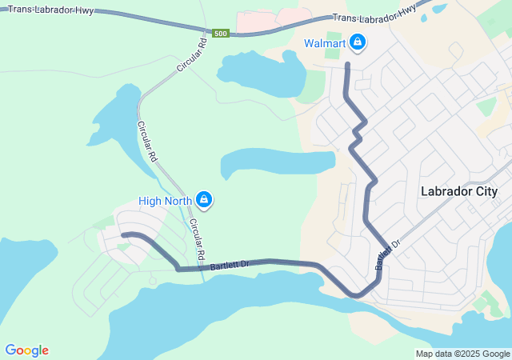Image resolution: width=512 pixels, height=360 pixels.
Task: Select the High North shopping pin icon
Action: pos(204,200)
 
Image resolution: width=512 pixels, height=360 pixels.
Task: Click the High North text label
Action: pos(165,201)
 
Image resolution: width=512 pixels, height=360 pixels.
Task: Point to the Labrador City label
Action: pos(458,191)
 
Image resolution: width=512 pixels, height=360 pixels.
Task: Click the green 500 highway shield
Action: pos(221,33)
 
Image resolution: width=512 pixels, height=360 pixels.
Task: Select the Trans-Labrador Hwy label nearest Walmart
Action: pos(374,13)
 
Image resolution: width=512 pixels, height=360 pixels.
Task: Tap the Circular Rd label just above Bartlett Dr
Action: pos(198,240)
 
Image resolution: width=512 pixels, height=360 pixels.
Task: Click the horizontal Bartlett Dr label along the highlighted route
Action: pos(231,264)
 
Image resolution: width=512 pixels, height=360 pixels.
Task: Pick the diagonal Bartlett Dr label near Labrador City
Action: pos(387,254)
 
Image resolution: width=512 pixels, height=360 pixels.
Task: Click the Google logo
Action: pos(26,350)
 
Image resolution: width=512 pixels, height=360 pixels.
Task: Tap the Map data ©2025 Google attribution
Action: pos(462,354)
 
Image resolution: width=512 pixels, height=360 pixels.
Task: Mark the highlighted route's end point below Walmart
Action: pos(348,63)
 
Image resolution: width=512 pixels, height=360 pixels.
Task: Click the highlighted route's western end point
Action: pos(122,234)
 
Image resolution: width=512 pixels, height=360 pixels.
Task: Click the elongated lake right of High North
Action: pos(276,163)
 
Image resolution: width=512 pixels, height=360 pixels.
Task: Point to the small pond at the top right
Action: pos(439,9)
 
